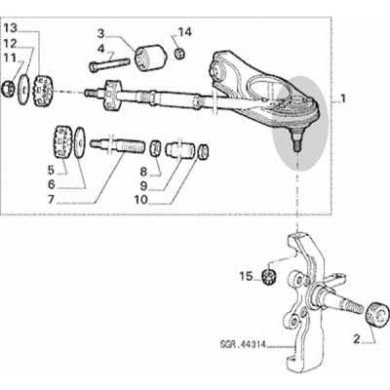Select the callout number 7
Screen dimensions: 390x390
[x=51, y=199]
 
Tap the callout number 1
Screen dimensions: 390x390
[x=341, y=98]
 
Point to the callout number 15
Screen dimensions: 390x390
[x=246, y=277]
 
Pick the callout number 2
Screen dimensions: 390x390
[x=357, y=340]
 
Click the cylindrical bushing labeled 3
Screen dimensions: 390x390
[x=151, y=57]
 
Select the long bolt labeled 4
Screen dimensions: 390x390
[x=109, y=64]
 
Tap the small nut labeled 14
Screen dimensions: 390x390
[x=178, y=53]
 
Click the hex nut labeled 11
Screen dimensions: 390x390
[x=7, y=89]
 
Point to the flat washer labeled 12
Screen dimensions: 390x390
[x=23, y=90]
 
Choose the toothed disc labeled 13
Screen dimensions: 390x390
[x=43, y=91]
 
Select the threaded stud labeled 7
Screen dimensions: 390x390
[x=116, y=147]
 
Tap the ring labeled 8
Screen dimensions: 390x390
[x=155, y=148]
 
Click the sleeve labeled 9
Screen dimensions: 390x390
[x=180, y=150]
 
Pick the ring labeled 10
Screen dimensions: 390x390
[x=203, y=152]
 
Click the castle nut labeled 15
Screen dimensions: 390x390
[x=269, y=277]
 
